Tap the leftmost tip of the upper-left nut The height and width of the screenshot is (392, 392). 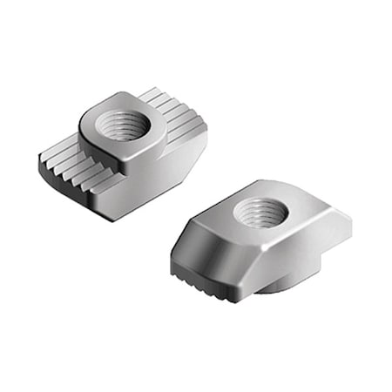coord(38,159)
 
